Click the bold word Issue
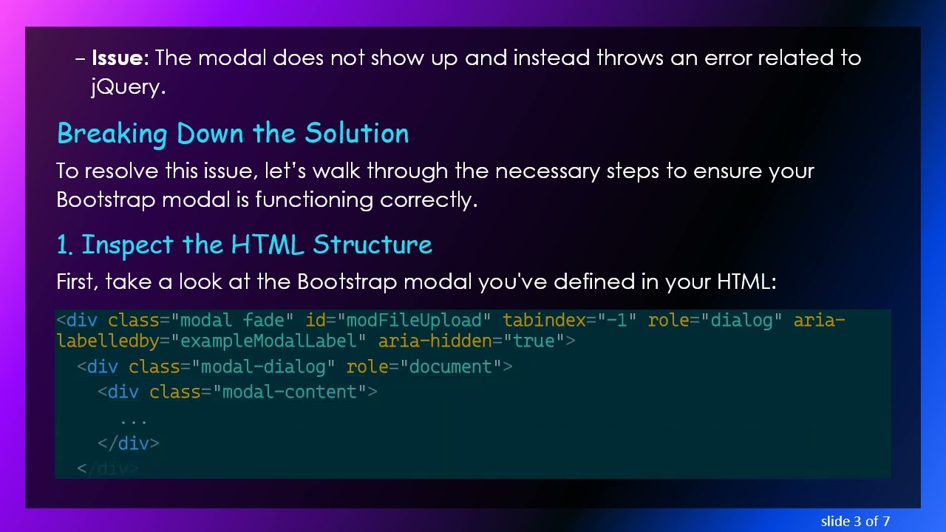point(120,58)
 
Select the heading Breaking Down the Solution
point(233,134)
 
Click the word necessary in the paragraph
point(548,171)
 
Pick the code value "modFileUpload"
point(414,321)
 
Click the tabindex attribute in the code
point(544,321)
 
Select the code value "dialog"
point(741,321)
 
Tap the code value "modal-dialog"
point(263,367)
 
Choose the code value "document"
point(451,367)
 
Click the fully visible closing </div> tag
point(128,443)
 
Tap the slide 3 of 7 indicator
point(854,521)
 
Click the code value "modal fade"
point(232,321)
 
